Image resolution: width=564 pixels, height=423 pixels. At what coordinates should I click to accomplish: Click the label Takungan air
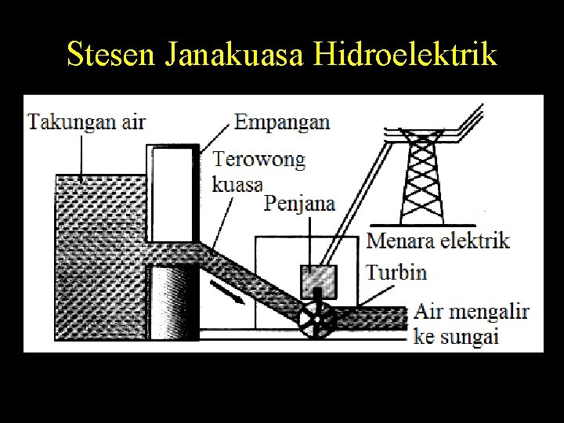(x=87, y=121)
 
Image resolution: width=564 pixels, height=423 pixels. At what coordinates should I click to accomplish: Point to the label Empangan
(x=282, y=121)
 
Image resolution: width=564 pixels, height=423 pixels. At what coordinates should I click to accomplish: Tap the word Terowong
(x=259, y=161)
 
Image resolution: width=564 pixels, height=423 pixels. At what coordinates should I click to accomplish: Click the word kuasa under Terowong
(x=238, y=185)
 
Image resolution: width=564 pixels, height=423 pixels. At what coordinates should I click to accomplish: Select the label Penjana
(x=300, y=204)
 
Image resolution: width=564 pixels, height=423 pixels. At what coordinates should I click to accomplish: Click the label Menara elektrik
(x=439, y=240)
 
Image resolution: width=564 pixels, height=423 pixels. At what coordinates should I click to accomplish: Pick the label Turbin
(x=397, y=273)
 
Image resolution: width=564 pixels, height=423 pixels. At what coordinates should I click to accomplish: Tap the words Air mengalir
(x=472, y=313)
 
